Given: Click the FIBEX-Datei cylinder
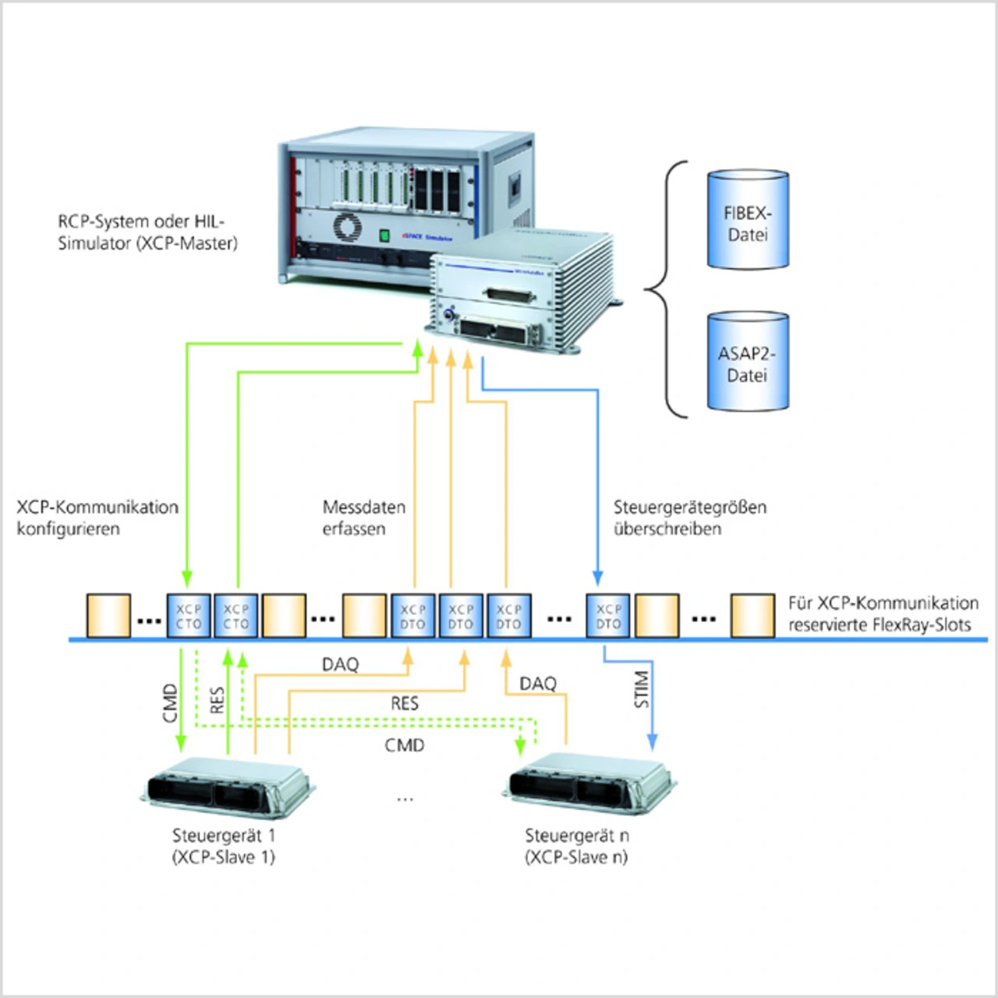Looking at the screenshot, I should click(x=748, y=221).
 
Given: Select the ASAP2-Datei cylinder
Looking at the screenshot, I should click(x=748, y=363).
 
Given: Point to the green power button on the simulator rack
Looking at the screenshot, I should click(x=384, y=235).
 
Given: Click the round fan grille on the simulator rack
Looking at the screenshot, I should click(x=347, y=227).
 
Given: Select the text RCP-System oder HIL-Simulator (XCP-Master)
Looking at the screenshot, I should click(x=147, y=232).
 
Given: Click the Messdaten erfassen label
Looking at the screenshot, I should click(x=363, y=518).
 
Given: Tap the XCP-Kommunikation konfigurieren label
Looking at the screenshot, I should click(x=97, y=518).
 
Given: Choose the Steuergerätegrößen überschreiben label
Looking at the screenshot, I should click(x=689, y=518).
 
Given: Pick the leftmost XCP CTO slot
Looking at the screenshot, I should click(x=189, y=616).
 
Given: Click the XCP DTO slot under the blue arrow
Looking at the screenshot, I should click(x=608, y=616).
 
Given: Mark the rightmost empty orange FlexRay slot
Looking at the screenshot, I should click(x=752, y=616).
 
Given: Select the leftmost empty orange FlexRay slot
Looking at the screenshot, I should click(x=108, y=616).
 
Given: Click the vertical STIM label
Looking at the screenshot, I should click(x=642, y=689).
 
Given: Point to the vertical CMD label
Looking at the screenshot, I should click(x=170, y=703).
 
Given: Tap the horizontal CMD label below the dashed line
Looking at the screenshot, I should click(x=405, y=745).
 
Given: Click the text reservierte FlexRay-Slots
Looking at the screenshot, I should click(x=879, y=625).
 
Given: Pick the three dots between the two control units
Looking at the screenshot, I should click(x=405, y=799).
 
